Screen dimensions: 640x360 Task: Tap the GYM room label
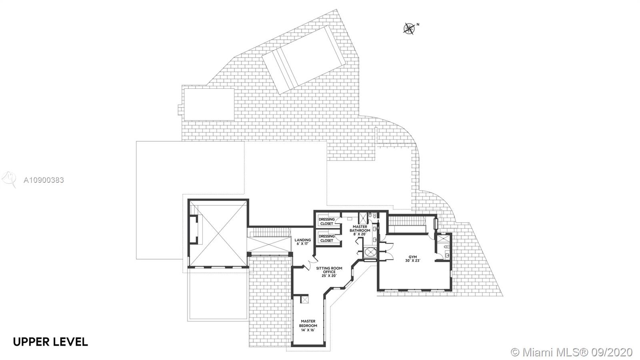pos(412,256)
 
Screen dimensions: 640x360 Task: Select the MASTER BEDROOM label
pos(308,324)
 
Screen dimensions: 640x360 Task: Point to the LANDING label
pos(302,240)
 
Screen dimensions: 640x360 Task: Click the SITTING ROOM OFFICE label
pos(329,270)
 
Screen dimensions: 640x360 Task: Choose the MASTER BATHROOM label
pos(360,228)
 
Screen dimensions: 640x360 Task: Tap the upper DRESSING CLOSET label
pos(326,222)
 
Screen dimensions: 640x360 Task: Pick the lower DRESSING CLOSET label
pos(326,238)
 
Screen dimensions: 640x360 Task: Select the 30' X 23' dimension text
pos(412,260)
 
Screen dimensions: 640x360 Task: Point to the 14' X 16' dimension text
pos(308,330)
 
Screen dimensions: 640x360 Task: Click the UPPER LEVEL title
pos(50,342)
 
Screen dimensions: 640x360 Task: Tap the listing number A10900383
pos(44,180)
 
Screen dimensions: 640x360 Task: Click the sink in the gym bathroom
pos(447,255)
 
